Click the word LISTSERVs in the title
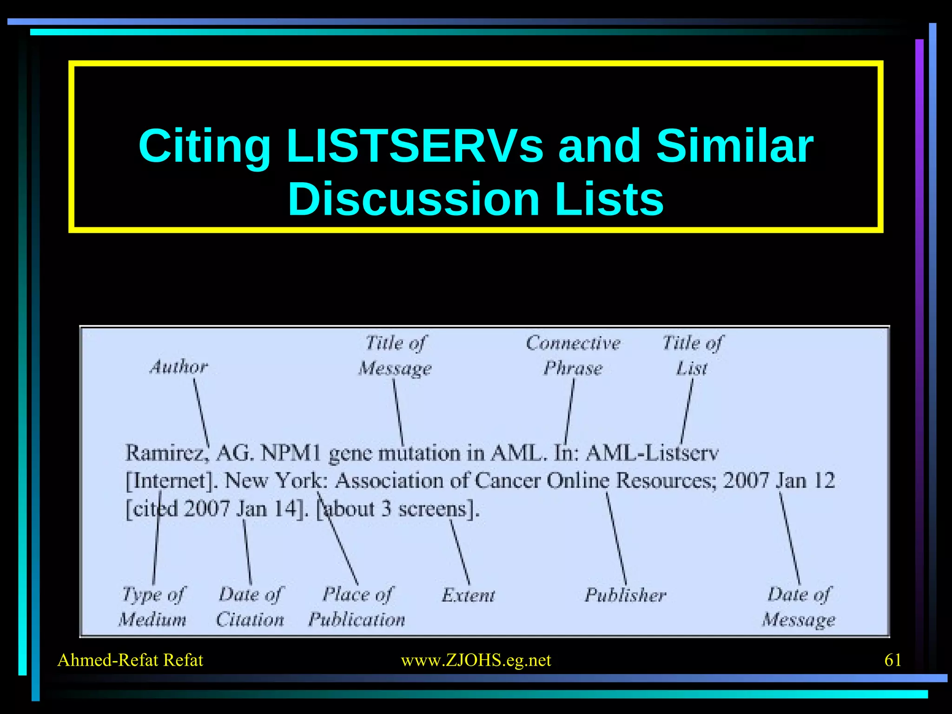coord(415,146)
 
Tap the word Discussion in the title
coord(414,199)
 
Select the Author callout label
coord(178,367)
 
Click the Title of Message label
coord(395,356)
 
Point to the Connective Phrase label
coord(573,356)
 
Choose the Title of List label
coord(692,356)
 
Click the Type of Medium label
coord(153,607)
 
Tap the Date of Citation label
coord(250,607)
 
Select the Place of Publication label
coord(357,607)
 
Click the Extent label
coord(469,595)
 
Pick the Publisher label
coord(625,595)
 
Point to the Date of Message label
coord(799,607)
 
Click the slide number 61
coord(892,660)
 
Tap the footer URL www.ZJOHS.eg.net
coord(476,660)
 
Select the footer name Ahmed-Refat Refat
coord(130,660)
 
